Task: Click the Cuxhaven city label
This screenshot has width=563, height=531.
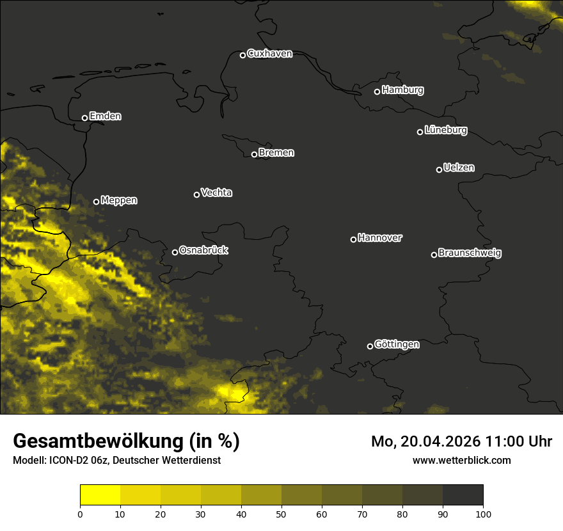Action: [x=269, y=54]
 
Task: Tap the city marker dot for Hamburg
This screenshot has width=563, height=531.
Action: [x=377, y=91]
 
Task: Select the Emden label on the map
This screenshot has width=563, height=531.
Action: [x=105, y=116]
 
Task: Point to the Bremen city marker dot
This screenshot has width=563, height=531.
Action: [x=254, y=154]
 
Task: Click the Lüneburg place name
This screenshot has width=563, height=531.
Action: [x=445, y=131]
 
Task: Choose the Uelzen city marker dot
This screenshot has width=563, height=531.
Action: [x=439, y=170]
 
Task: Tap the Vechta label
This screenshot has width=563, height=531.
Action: [x=216, y=193]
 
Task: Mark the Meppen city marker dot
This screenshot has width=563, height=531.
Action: [x=96, y=202]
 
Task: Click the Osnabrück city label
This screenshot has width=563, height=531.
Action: [x=203, y=250]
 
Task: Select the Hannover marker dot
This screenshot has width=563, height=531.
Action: [x=353, y=239]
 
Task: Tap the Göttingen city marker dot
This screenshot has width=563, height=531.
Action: [x=370, y=346]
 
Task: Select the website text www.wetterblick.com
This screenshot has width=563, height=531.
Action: [x=461, y=460]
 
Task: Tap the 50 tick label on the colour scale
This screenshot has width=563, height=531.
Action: [x=281, y=514]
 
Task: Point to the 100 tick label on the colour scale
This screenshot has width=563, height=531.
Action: [x=483, y=514]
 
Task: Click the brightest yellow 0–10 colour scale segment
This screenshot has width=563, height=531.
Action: [x=100, y=495]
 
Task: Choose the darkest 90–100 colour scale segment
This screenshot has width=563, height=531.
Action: [x=463, y=495]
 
